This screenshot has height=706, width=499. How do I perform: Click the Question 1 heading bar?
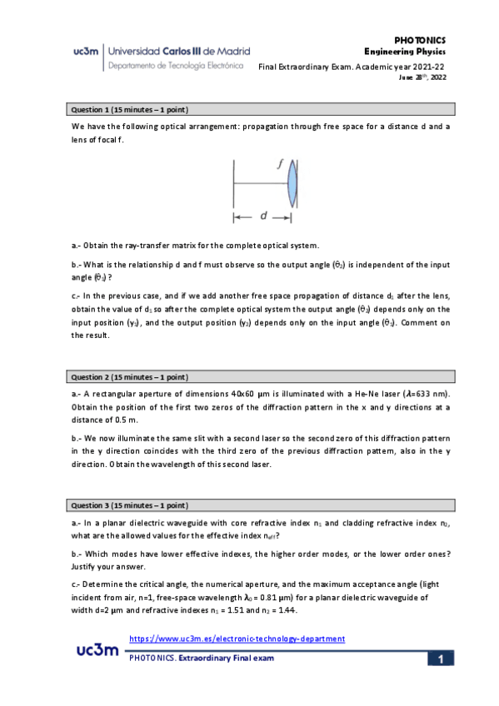(x=260, y=109)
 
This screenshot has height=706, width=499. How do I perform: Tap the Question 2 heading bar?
(x=260, y=376)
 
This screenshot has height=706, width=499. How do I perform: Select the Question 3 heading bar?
(x=260, y=505)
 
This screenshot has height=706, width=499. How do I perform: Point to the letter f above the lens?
(x=280, y=166)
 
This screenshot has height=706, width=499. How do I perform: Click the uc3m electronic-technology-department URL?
(x=238, y=639)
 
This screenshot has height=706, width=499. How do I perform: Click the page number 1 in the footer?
(x=441, y=659)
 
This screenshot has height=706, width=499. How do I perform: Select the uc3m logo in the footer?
(x=97, y=650)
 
